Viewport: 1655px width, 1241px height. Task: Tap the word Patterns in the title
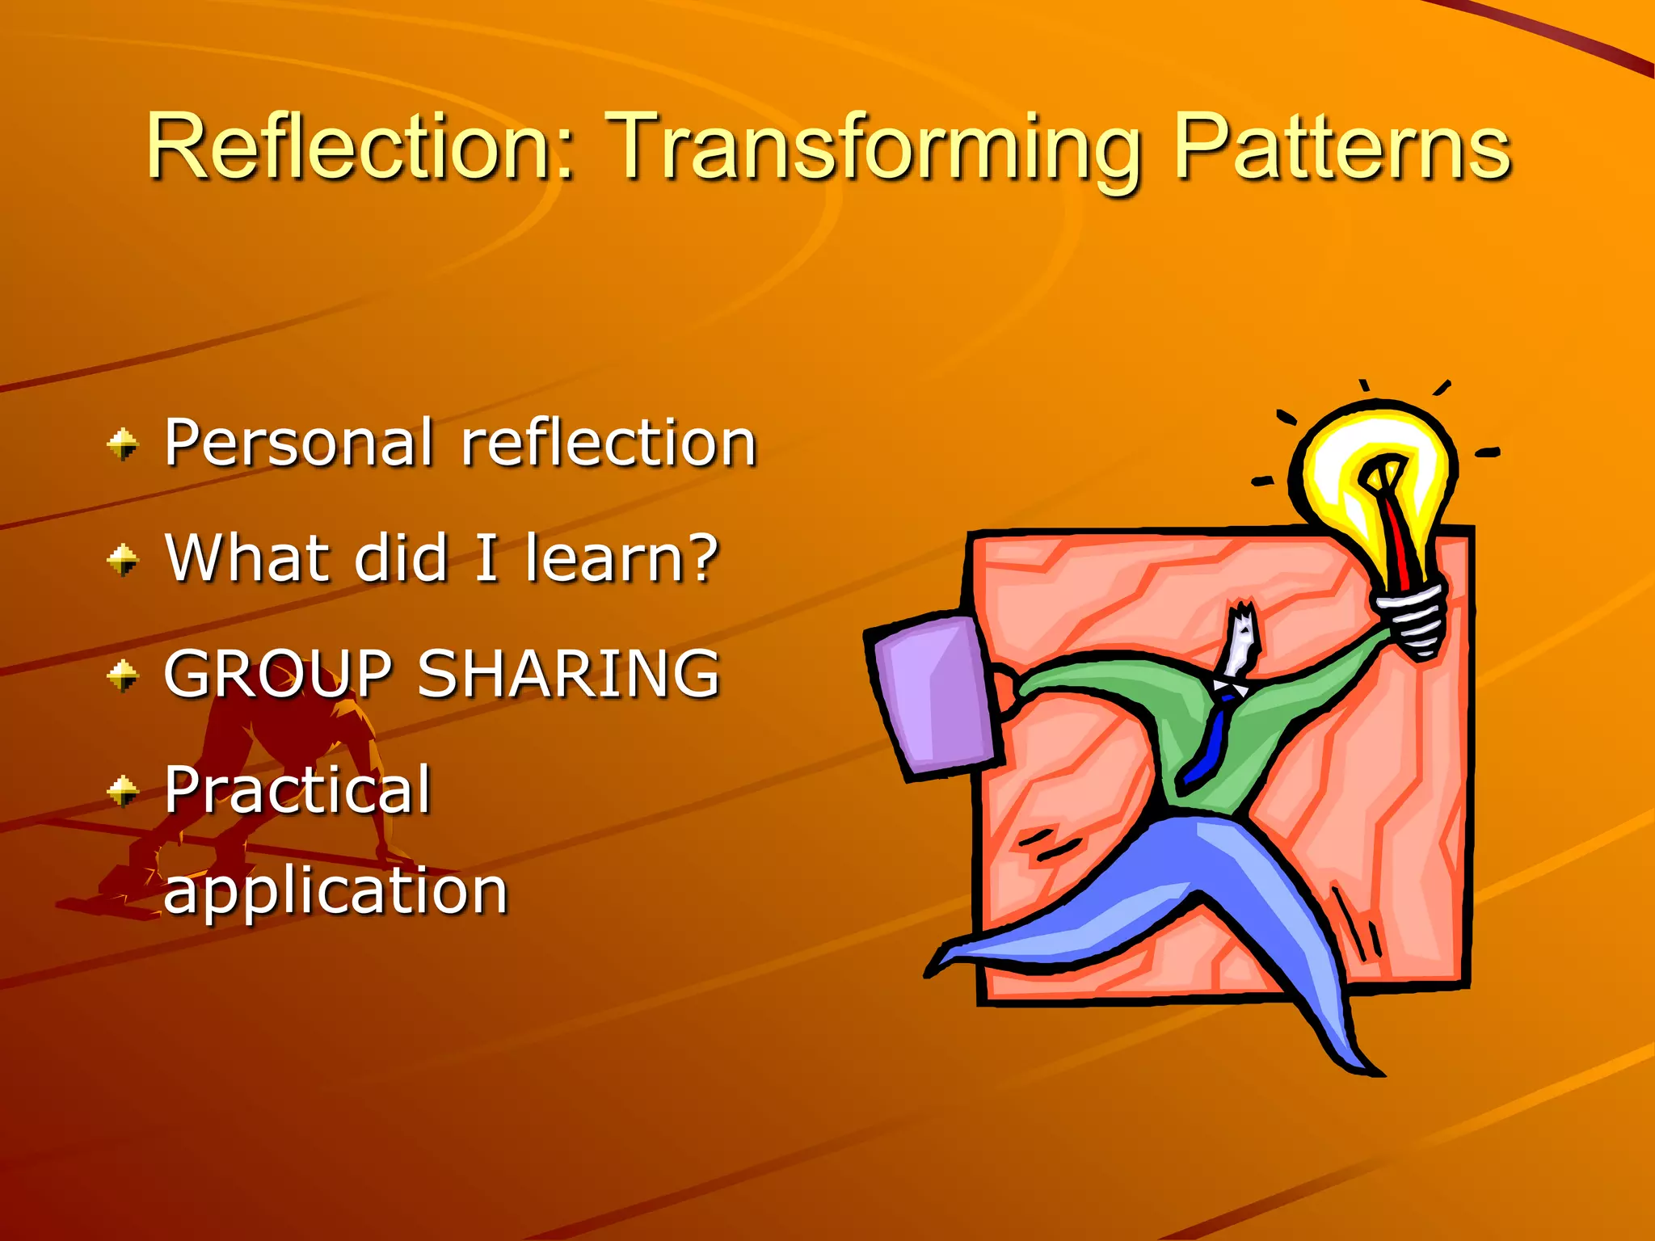(x=1341, y=147)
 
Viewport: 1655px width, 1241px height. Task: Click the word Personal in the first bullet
(x=298, y=443)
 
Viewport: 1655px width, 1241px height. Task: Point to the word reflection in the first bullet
(x=608, y=443)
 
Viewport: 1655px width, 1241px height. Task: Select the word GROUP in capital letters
(x=278, y=674)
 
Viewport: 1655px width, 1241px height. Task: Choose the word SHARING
(x=567, y=674)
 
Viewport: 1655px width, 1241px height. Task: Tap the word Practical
(x=297, y=790)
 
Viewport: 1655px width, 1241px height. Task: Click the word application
(x=335, y=892)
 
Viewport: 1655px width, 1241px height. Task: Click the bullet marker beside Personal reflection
(x=123, y=444)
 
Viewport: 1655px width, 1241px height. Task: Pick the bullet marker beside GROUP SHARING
(x=123, y=675)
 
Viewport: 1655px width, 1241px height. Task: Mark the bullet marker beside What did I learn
(x=123, y=559)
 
